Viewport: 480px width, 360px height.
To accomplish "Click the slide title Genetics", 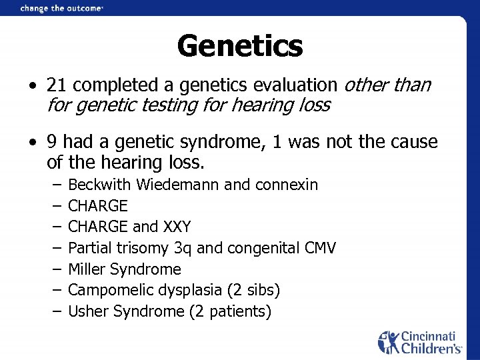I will pyautogui.click(x=240, y=46).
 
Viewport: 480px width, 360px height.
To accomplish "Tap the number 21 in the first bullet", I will pyautogui.click(x=55, y=86).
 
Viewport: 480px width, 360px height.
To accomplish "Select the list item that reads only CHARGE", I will pyautogui.click(x=98, y=205).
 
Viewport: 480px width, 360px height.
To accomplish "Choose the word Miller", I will pyautogui.click(x=88, y=269).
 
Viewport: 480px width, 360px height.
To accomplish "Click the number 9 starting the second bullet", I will pyautogui.click(x=51, y=142).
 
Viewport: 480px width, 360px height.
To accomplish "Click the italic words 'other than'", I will pyautogui.click(x=387, y=86).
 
